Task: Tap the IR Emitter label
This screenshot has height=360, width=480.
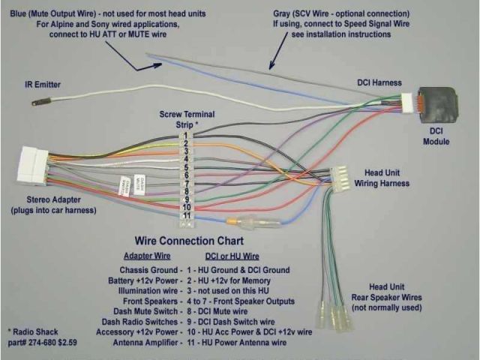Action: pos(42,85)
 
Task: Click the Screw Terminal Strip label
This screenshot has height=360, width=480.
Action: pos(187,118)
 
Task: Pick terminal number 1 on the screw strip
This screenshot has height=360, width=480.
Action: pos(184,136)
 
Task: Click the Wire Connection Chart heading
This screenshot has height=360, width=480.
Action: pos(188,242)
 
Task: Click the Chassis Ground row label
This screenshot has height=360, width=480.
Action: pos(149,269)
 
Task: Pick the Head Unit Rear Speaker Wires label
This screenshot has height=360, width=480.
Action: pos(385,297)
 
